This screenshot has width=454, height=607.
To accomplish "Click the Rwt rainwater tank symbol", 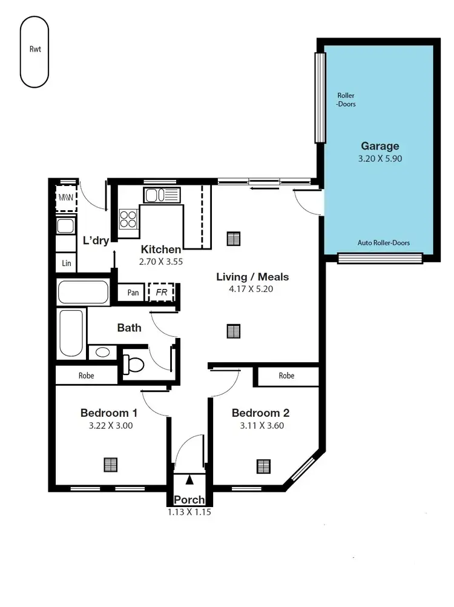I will pyautogui.click(x=35, y=51).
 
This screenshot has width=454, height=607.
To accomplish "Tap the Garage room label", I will pyautogui.click(x=380, y=146).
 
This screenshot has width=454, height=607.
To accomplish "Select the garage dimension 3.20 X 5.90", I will pyautogui.click(x=380, y=159).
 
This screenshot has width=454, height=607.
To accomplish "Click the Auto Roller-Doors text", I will pyautogui.click(x=383, y=243).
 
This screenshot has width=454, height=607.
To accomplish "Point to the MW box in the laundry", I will pyautogui.click(x=66, y=198).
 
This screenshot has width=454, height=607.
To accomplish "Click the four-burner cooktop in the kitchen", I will pyautogui.click(x=128, y=217).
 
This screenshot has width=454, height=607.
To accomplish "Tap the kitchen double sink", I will pyautogui.click(x=161, y=195).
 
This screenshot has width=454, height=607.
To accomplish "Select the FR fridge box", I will pyautogui.click(x=161, y=292).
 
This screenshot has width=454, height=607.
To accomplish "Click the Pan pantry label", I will pyautogui.click(x=133, y=293).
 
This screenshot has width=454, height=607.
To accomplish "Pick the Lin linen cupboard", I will pyautogui.click(x=66, y=263).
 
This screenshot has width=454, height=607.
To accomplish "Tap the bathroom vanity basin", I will pyautogui.click(x=102, y=352).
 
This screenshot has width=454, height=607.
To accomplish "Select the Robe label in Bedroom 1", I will pyautogui.click(x=86, y=376).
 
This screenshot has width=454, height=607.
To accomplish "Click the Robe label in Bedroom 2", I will pyautogui.click(x=286, y=376).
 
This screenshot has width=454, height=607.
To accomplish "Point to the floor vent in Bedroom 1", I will pyautogui.click(x=110, y=465).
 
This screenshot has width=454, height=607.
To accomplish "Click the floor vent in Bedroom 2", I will pyautogui.click(x=263, y=466).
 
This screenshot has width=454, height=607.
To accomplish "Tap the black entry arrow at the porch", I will pyautogui.click(x=190, y=480).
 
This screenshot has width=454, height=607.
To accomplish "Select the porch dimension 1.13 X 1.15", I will pyautogui.click(x=189, y=512).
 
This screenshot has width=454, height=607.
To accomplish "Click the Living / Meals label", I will pyautogui.click(x=252, y=277).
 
